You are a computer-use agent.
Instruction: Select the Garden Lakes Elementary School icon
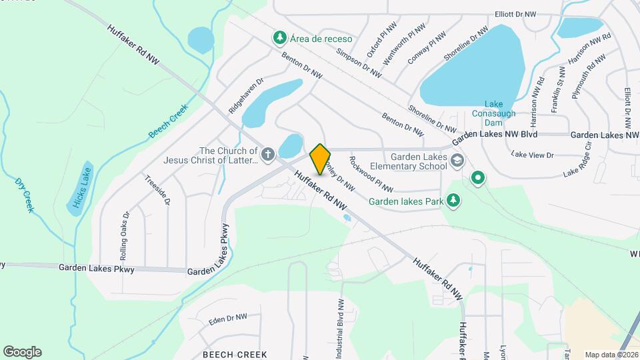[x=457, y=160]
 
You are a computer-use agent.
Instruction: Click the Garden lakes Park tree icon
[x=453, y=200]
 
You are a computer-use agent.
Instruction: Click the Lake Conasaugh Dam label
[x=493, y=114]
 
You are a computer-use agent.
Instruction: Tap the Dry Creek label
[x=24, y=195]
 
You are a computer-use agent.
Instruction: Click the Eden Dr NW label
[x=227, y=320]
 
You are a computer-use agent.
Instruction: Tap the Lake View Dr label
[x=532, y=155]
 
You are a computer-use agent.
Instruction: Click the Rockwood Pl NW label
[x=371, y=174]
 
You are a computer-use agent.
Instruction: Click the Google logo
[x=22, y=352]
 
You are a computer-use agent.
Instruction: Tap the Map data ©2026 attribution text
[x=609, y=355]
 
